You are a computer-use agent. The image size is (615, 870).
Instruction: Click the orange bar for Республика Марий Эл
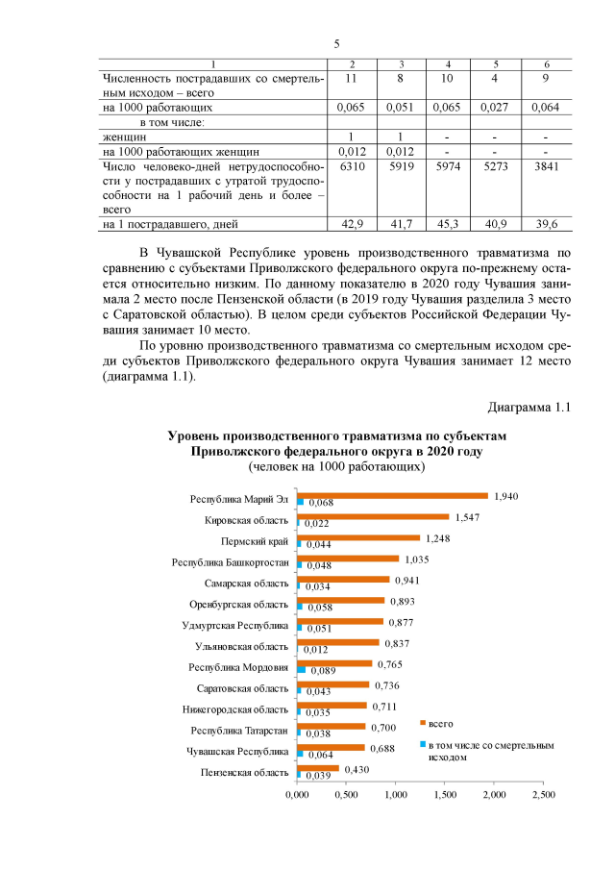pyautogui.click(x=392, y=496)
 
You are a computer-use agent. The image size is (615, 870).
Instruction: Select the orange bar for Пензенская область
pyautogui.click(x=318, y=768)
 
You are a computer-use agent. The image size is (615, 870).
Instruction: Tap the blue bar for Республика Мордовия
pyautogui.click(x=302, y=668)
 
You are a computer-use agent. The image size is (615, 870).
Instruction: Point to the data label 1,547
pyautogui.click(x=468, y=516)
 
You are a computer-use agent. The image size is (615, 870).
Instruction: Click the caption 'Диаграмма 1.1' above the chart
pyautogui.click(x=529, y=407)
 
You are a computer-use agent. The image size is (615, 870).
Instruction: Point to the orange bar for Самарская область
pyautogui.click(x=343, y=580)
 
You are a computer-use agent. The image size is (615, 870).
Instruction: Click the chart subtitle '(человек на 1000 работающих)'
pyautogui.click(x=337, y=465)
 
